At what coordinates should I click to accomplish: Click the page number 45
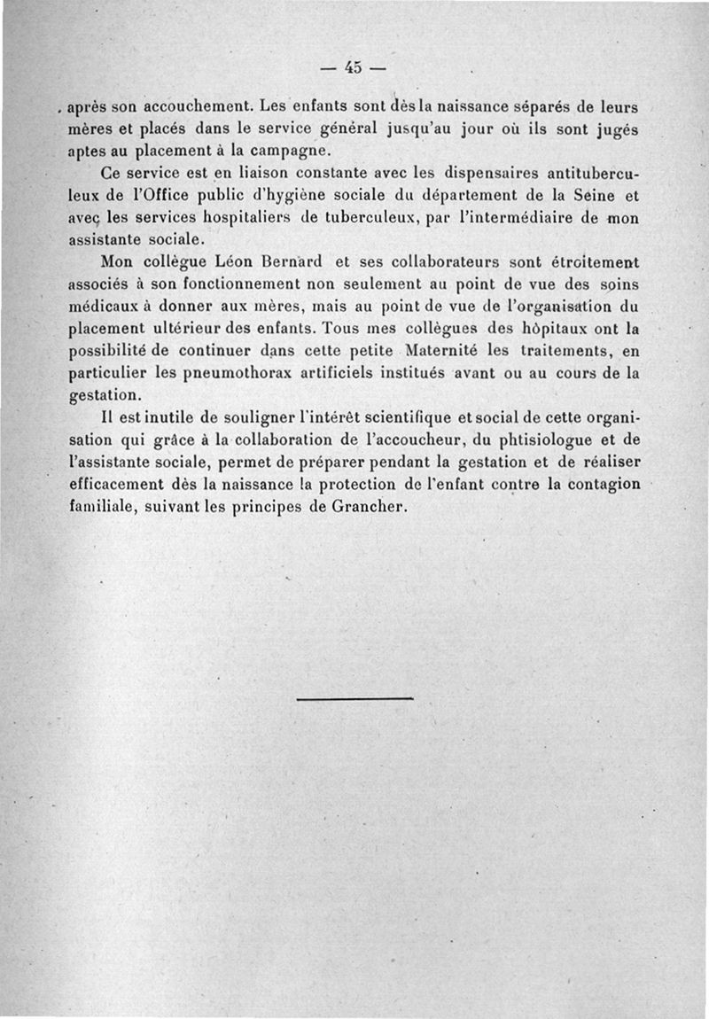click(x=354, y=66)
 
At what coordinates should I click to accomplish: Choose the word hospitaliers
click(x=232, y=217)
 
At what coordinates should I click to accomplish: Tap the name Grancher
click(x=363, y=508)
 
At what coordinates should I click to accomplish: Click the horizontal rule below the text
click(x=355, y=698)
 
